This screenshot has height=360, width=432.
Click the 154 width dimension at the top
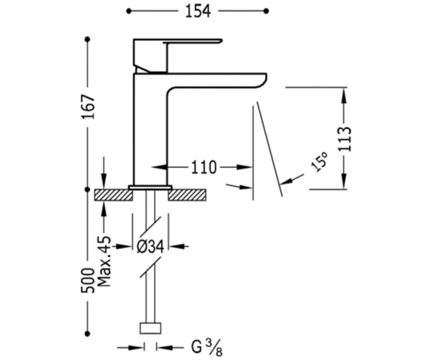coord(198,12)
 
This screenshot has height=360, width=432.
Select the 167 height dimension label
coord(88,107)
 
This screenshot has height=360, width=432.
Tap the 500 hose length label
coord(88,280)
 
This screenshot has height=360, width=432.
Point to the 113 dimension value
coord(345,139)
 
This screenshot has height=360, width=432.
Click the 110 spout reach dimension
coord(204,167)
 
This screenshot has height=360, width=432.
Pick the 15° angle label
coord(320,162)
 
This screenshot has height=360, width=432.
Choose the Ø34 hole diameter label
coord(150,246)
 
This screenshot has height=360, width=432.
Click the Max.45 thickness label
coord(104,261)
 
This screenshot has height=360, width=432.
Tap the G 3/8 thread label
coord(207,347)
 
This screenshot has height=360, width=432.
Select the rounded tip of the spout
coord(262,80)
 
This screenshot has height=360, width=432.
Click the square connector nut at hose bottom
coord(150,328)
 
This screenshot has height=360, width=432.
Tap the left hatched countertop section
coord(114,194)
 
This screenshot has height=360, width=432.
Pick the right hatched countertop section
coord(187,194)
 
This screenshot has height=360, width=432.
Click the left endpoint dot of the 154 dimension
coord(129,11)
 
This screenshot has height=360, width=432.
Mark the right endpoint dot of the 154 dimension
coord(266,11)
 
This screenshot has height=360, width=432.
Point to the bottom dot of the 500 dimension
coord(88,334)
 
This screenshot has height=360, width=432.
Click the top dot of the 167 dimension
coord(88,40)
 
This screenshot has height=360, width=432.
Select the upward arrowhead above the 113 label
coord(344,96)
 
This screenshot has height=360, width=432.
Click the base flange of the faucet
coord(150,187)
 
